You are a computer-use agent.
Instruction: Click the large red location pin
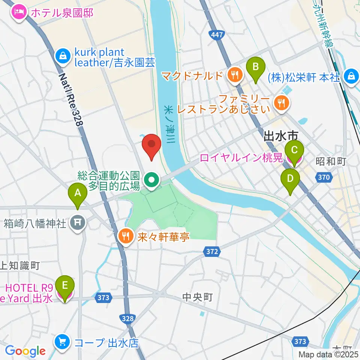[x=151, y=147]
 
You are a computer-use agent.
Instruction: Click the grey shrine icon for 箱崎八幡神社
[x=79, y=224]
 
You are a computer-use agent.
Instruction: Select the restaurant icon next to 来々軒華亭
[x=125, y=236]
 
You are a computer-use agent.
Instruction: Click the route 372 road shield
[x=212, y=252]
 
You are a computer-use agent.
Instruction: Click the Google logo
[x=25, y=351]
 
